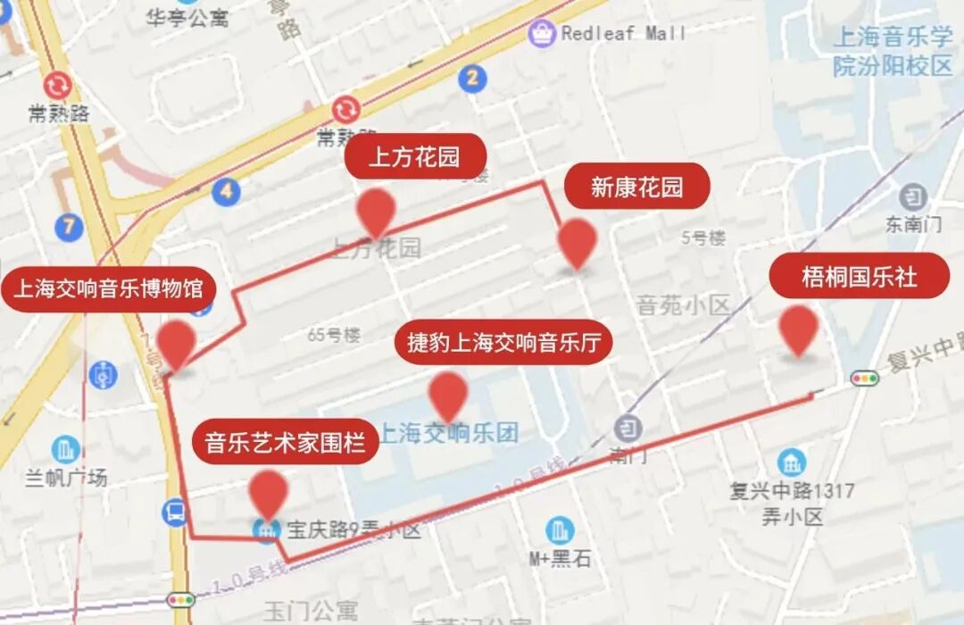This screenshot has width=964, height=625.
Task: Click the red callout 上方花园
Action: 415,158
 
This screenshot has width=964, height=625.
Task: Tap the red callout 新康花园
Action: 636,187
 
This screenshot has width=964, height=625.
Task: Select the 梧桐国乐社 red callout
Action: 859,276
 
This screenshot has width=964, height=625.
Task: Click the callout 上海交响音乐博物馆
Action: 108,289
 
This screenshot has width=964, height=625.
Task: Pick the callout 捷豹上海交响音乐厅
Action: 504,342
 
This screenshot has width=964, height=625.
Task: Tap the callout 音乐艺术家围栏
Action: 286,442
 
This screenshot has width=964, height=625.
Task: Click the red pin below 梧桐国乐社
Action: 798,330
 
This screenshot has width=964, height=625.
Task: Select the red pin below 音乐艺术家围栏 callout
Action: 268,494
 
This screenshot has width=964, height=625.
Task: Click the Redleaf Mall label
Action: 624,33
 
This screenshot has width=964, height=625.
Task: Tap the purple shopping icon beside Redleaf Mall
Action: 541,34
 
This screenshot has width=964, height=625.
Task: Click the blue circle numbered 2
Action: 472,78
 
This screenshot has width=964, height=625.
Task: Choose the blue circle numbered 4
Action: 227,190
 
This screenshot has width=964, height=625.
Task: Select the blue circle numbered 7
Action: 69,227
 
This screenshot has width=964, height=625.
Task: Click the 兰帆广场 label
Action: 66,478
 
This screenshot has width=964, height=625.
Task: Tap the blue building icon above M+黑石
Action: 560,530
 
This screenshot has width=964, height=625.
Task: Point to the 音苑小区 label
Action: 683,305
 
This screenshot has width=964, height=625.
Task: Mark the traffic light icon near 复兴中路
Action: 864,378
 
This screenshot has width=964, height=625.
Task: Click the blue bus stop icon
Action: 175,512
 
